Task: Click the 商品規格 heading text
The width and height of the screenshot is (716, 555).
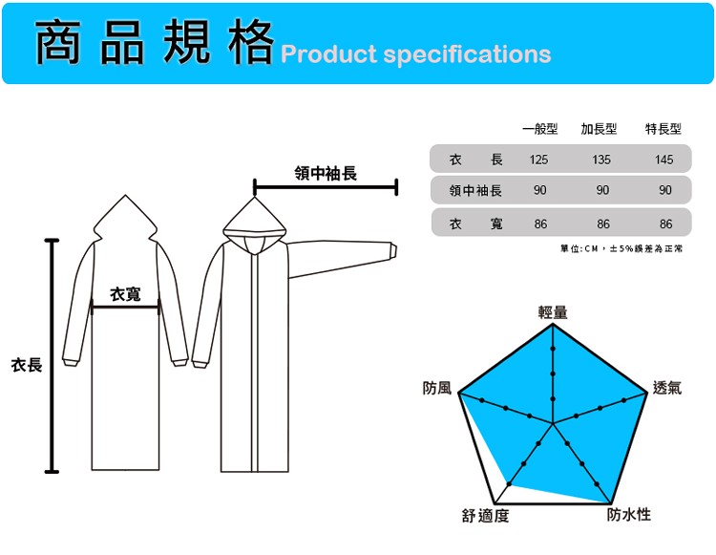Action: click(155, 42)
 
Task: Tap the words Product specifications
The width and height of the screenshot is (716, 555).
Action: click(416, 54)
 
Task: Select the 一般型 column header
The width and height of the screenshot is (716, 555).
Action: click(539, 129)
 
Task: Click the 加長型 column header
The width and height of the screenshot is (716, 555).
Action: click(600, 129)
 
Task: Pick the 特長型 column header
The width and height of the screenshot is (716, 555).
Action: click(663, 129)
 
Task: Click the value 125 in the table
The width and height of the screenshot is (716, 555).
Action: click(538, 160)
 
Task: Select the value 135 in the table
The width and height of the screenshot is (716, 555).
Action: click(601, 160)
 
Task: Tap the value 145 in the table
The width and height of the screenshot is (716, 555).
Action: click(663, 160)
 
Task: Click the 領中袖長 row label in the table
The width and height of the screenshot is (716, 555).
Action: click(475, 190)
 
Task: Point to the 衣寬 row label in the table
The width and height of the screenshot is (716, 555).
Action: click(475, 224)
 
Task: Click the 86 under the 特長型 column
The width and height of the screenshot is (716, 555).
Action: click(665, 224)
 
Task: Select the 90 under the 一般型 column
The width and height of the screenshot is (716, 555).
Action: click(539, 190)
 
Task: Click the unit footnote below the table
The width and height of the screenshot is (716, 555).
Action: click(621, 248)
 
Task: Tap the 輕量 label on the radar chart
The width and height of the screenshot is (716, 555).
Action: click(553, 312)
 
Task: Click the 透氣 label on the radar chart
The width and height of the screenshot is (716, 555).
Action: click(667, 388)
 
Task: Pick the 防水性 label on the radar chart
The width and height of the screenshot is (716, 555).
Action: click(629, 514)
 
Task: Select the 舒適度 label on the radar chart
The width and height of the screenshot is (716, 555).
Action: click(485, 516)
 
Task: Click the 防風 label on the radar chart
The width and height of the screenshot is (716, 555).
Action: click(437, 388)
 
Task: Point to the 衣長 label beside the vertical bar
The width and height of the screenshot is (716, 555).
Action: click(27, 365)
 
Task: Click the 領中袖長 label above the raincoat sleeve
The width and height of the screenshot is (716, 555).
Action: click(326, 173)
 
